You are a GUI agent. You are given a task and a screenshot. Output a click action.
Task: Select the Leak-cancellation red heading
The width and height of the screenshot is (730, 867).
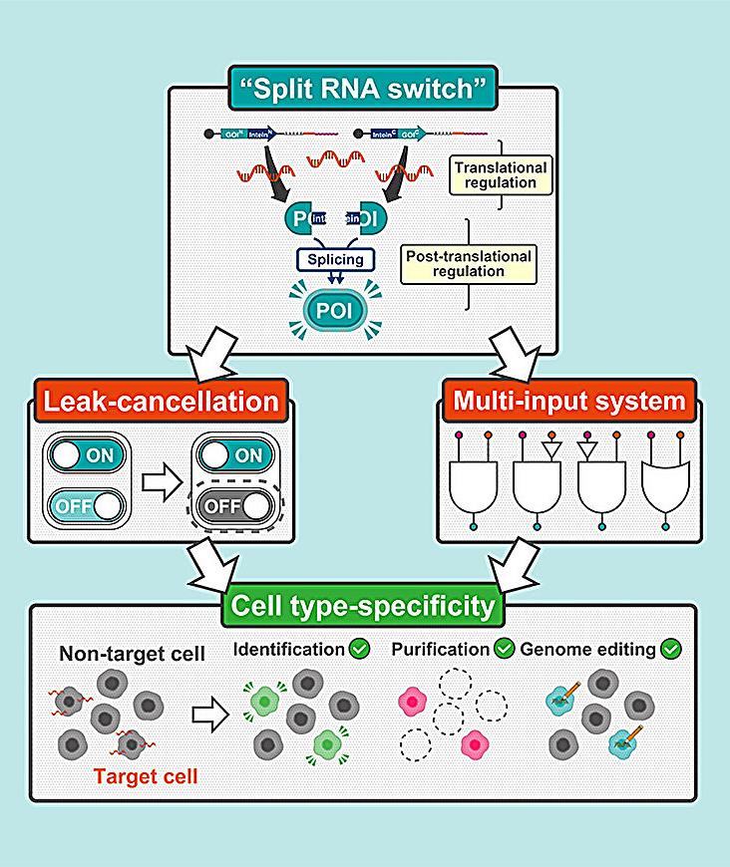point(159,403)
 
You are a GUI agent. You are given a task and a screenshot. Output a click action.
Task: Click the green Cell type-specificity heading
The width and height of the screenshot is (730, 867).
point(365,605)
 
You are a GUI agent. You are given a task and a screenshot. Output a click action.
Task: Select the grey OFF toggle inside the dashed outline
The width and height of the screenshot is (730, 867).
point(236,506)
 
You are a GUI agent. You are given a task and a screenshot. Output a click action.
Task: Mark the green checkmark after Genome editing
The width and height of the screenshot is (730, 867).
point(673,650)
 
